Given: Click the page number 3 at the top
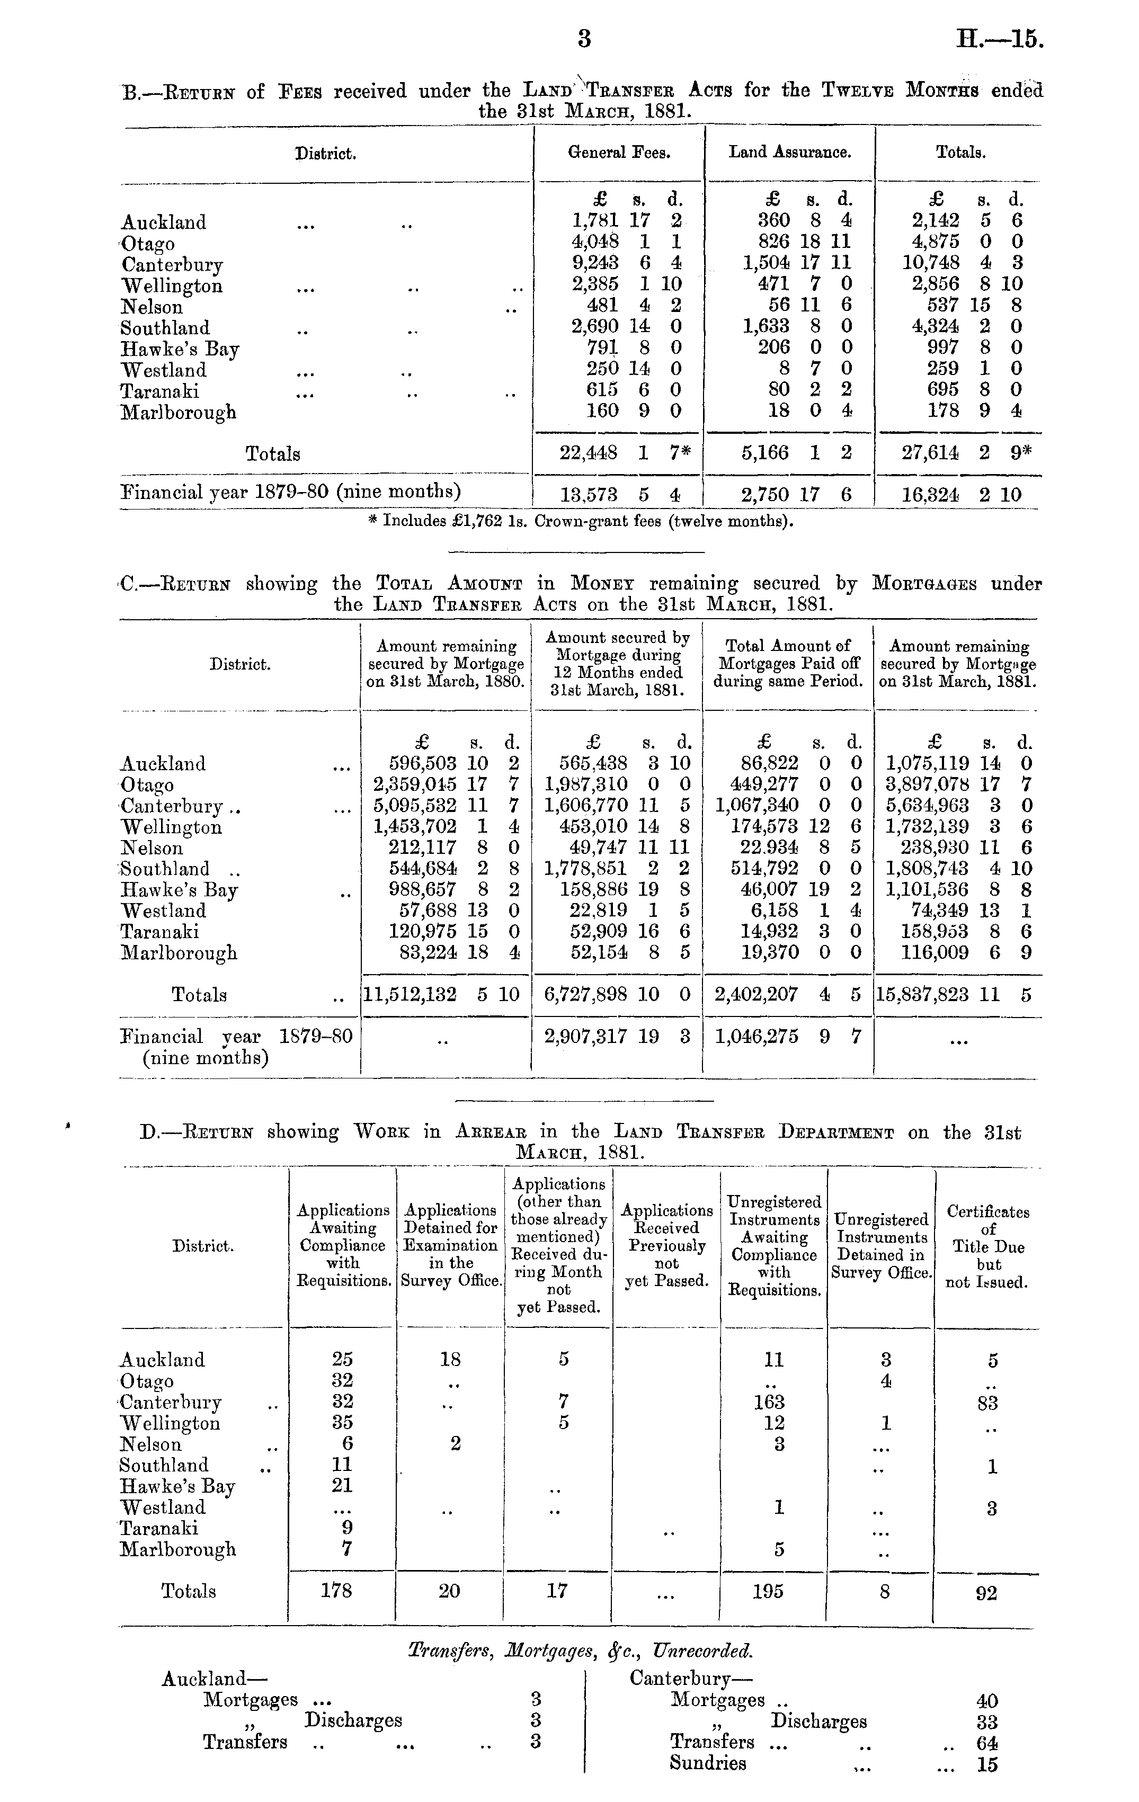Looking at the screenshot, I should (x=584, y=39).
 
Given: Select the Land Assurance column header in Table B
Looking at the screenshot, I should (x=789, y=153).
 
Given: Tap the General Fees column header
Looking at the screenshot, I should (x=619, y=153).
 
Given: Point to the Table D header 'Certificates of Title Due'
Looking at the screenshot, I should (x=988, y=1247).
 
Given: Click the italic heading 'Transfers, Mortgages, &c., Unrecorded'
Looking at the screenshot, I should (x=581, y=1651).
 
